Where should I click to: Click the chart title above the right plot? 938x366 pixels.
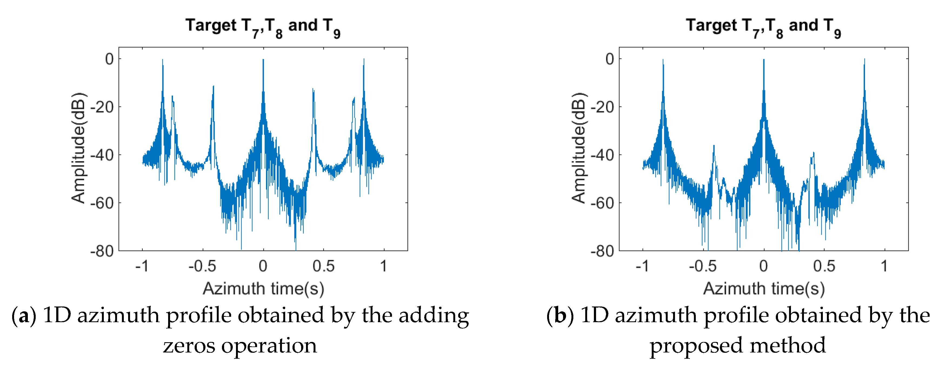click(763, 27)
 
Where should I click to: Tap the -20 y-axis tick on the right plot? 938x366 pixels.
click(602, 107)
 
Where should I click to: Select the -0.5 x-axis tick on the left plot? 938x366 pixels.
click(202, 266)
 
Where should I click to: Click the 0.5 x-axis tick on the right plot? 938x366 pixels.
click(824, 266)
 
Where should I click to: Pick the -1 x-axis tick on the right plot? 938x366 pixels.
click(642, 266)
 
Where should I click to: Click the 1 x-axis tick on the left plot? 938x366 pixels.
click(383, 266)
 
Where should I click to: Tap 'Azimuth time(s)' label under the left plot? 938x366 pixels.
click(263, 288)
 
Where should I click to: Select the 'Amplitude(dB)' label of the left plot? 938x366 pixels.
click(78, 148)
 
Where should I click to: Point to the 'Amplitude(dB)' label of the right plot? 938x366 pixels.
click(578, 148)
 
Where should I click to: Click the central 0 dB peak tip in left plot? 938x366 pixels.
click(263, 60)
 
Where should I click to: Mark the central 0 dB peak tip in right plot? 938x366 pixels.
click(764, 60)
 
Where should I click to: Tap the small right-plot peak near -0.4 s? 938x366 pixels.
click(714, 146)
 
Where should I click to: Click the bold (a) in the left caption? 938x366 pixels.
click(24, 316)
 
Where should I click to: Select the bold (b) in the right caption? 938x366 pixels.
click(560, 316)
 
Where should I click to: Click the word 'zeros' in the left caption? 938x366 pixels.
click(189, 346)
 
